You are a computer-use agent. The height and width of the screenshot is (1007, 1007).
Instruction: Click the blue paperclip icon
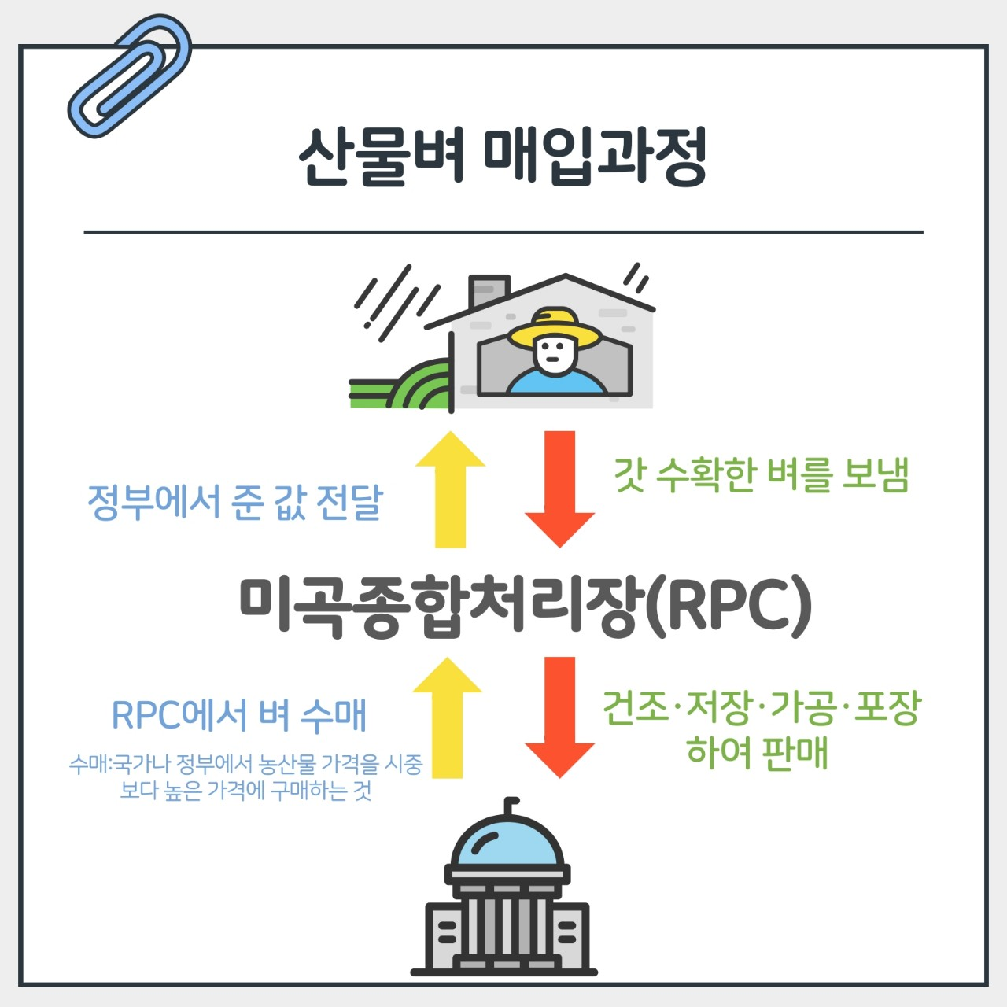coord(130,77)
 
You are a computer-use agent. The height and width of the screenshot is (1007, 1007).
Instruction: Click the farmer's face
coord(554,353)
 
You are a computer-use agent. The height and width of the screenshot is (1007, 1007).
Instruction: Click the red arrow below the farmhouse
coord(559,488)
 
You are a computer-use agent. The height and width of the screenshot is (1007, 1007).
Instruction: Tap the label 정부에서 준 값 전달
coord(234,502)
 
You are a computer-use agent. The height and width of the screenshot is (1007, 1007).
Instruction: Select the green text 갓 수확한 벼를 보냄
coord(761,474)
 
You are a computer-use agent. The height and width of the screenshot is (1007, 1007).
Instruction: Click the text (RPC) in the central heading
coord(728,606)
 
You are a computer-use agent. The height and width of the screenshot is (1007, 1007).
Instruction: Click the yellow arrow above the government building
coord(448,717)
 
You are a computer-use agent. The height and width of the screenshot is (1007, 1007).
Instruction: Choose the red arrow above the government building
coord(559,716)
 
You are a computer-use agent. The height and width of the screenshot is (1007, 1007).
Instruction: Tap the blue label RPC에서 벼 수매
coord(239,715)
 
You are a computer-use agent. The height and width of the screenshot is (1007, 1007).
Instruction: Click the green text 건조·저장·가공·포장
coord(761,707)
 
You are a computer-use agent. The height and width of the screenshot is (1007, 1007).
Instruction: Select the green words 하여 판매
coord(757,751)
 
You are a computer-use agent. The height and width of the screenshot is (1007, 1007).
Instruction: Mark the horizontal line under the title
coord(503,233)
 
